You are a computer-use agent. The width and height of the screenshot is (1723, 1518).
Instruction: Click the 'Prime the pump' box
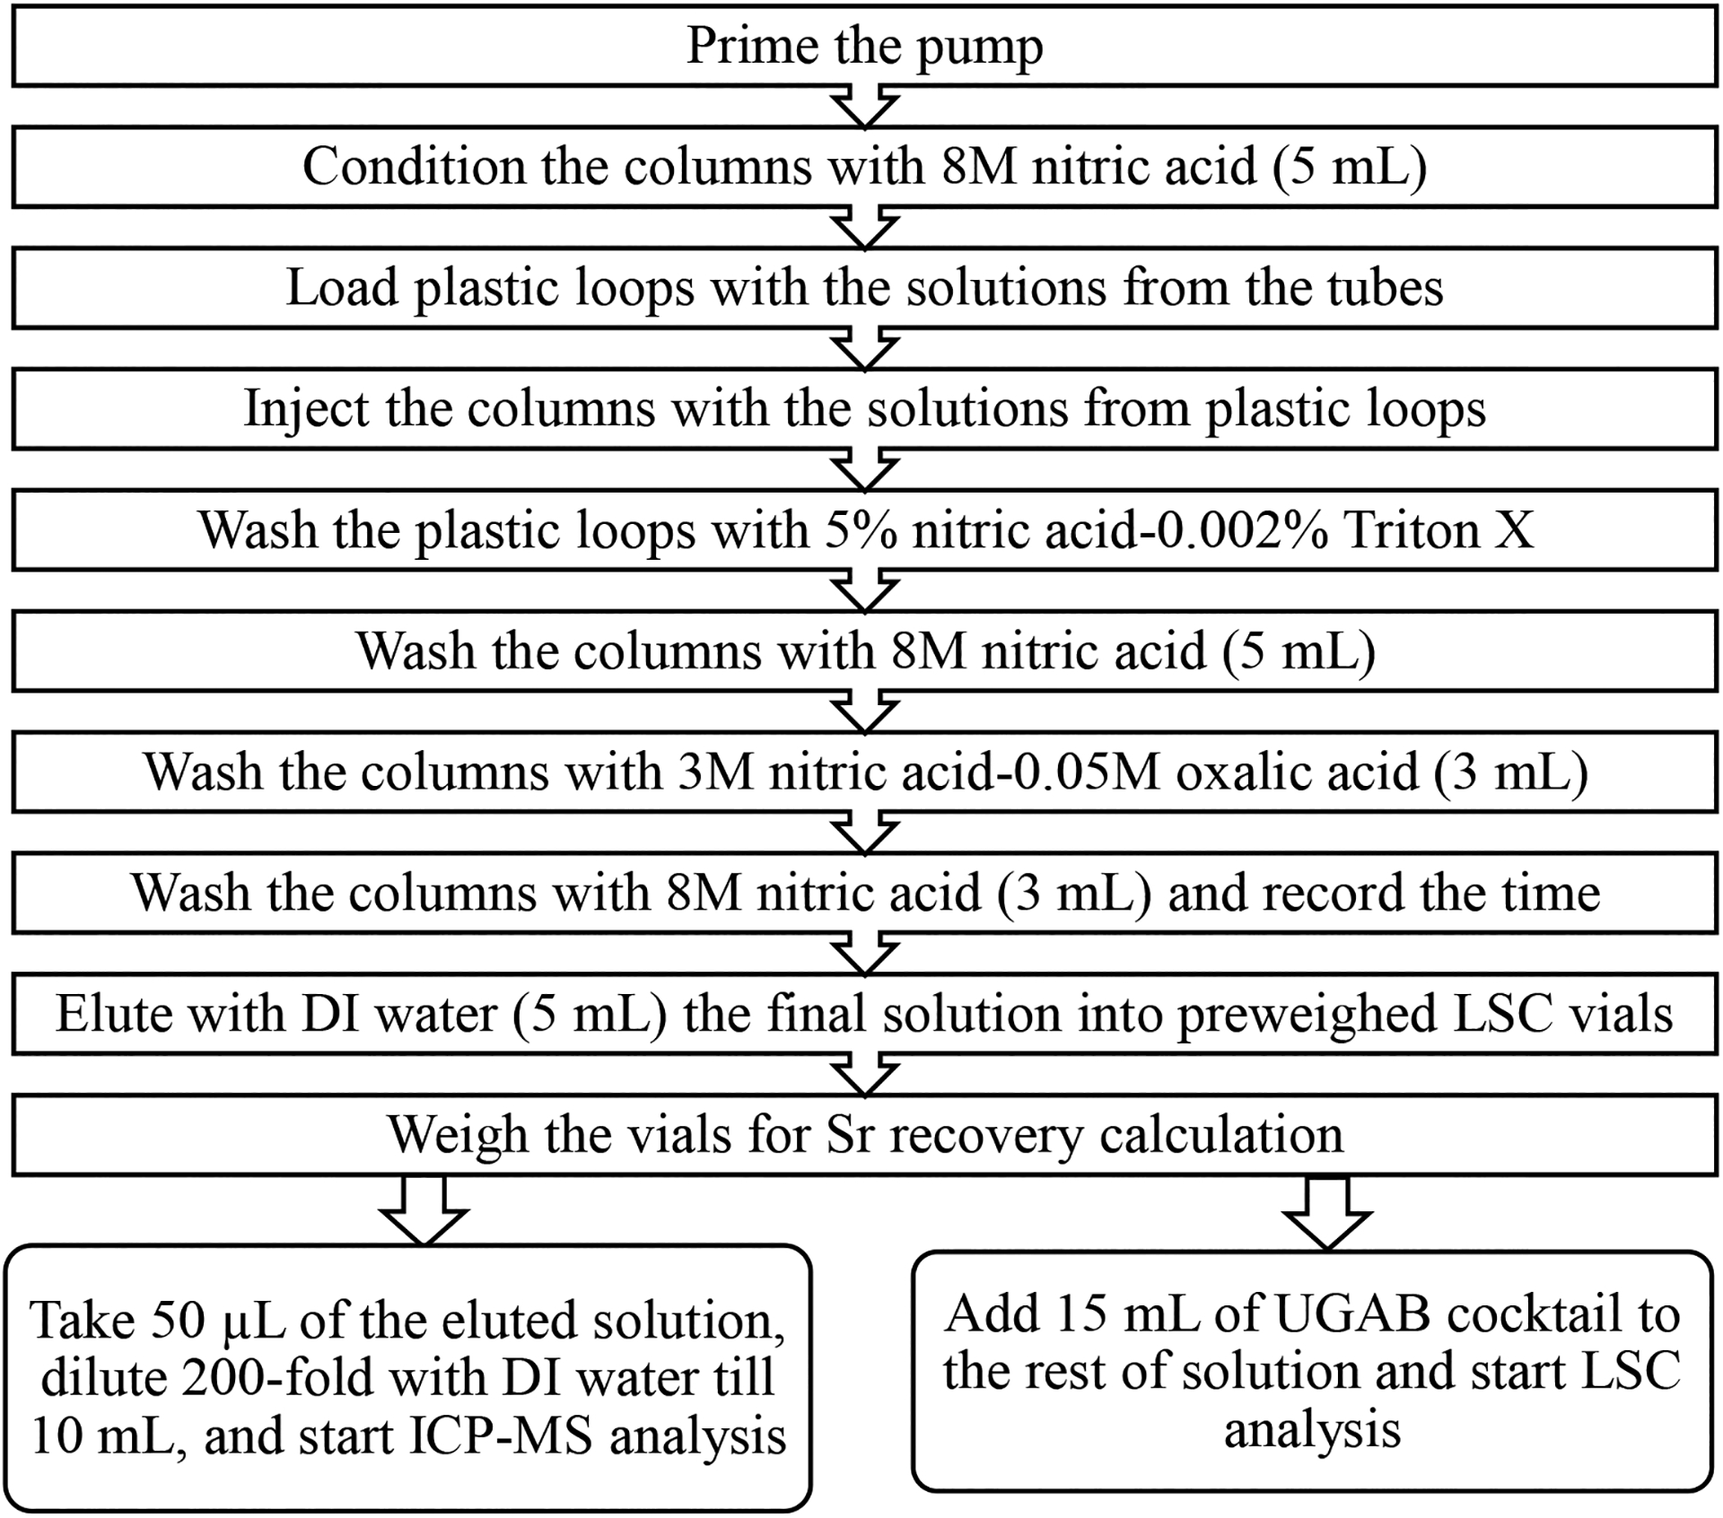point(864,47)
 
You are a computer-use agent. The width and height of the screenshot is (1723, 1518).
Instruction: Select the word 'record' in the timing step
point(1301,894)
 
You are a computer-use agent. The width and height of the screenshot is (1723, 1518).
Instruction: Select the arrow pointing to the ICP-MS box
point(424,1211)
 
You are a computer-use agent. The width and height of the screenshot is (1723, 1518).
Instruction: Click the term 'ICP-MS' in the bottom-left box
point(502,1437)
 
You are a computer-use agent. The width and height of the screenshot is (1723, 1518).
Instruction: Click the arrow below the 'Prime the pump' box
point(864,107)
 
